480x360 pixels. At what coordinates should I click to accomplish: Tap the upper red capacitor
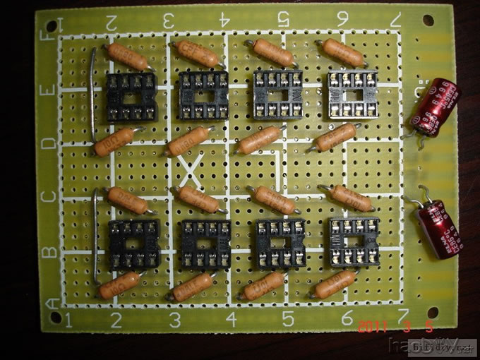tap(433, 107)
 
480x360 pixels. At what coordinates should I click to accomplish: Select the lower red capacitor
tap(438, 231)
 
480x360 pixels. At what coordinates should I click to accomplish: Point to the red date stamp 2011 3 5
tap(395, 327)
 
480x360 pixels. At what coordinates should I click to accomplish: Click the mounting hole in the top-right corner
tap(428, 20)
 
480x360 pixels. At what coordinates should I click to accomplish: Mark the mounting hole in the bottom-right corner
tap(432, 311)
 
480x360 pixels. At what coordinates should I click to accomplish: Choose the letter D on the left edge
tap(48, 144)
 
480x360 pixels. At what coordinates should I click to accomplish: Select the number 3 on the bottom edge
tap(174, 320)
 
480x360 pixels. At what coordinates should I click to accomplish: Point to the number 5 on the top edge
tap(283, 17)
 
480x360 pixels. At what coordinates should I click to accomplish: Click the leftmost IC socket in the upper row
tap(131, 97)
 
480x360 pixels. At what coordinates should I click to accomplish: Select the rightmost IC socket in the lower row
tap(352, 241)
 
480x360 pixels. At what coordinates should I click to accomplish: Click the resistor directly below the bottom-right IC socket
tap(335, 284)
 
